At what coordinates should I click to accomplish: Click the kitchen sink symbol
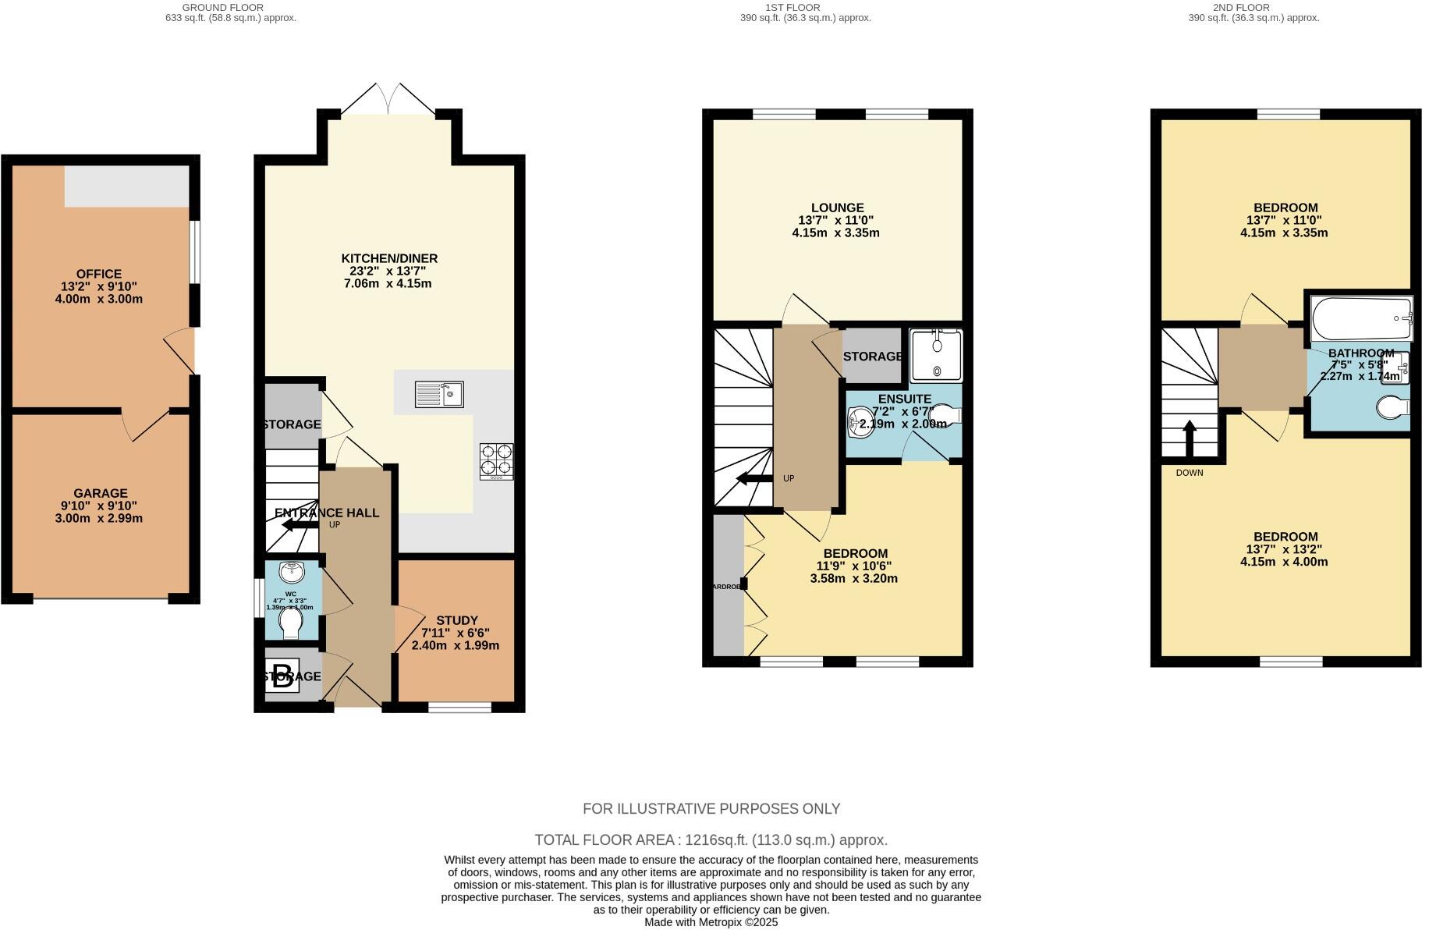point(439,394)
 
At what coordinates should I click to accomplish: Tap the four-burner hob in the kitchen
point(497,460)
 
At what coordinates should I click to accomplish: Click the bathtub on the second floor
point(1362,318)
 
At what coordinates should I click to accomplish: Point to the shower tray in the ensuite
point(936,356)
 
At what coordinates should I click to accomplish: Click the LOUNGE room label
point(837,208)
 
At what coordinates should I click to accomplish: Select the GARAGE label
point(100,493)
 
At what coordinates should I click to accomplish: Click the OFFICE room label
point(99,274)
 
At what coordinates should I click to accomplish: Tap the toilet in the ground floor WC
point(291,623)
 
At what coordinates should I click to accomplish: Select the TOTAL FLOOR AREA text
point(711,840)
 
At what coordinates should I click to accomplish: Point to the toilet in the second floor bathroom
point(1392,406)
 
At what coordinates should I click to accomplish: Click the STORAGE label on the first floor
point(872,357)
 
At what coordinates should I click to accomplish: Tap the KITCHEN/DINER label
point(389,258)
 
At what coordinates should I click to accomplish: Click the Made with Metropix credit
point(711,922)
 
